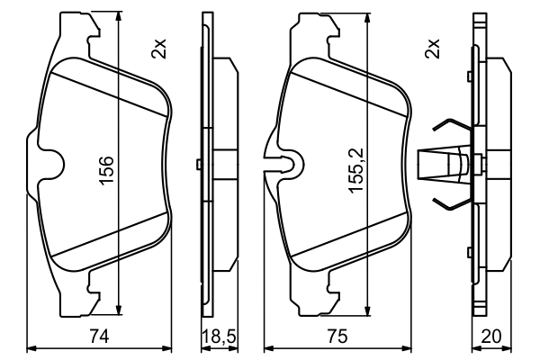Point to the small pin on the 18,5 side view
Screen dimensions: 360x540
199,164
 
